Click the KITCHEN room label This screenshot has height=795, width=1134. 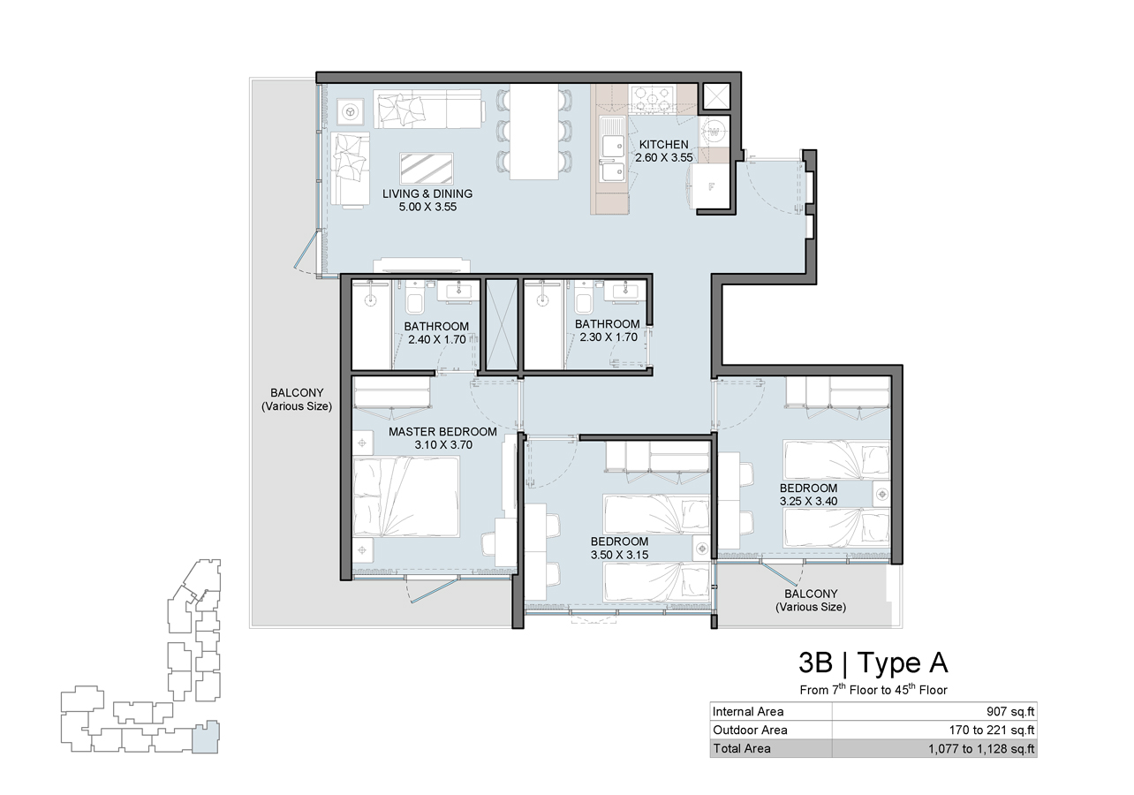663,144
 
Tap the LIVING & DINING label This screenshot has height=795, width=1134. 427,193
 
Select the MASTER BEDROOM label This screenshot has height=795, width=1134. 442,431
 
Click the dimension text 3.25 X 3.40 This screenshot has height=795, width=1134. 808,502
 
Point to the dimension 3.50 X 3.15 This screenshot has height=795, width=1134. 619,555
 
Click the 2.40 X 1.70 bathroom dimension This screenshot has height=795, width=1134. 437,339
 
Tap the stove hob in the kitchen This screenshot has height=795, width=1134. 653,98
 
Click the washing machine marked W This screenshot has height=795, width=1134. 714,132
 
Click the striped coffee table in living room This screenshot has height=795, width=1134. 427,169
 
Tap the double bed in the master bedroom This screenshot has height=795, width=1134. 406,496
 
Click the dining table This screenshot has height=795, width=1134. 534,132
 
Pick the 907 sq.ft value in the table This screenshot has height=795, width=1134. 1010,711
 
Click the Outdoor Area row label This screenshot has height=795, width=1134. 750,730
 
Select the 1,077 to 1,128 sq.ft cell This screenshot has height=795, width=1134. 981,748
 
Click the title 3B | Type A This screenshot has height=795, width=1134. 873,662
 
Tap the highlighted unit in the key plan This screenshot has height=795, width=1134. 206,737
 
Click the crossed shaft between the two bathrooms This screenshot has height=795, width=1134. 502,324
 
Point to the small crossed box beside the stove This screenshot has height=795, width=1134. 714,96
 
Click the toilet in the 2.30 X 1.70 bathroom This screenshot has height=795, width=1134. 583,302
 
